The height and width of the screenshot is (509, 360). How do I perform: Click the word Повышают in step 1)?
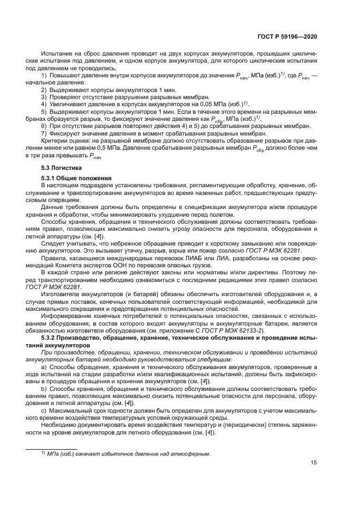[63, 75]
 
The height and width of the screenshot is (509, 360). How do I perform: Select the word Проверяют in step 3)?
[64, 96]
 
